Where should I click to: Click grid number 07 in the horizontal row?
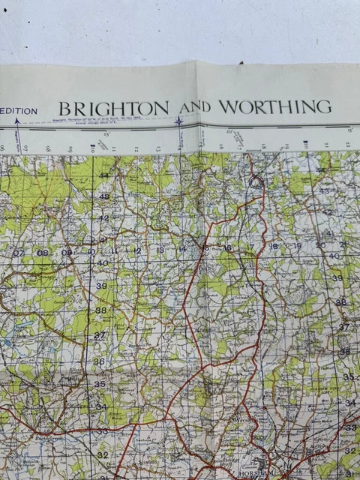(x=19, y=253)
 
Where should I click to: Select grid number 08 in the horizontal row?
(x=43, y=253)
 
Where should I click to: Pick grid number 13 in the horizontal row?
(x=160, y=250)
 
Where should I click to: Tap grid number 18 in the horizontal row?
(x=274, y=246)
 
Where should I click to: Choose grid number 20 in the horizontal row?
(x=320, y=244)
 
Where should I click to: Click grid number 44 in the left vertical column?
(x=103, y=175)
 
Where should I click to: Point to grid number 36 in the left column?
(x=99, y=361)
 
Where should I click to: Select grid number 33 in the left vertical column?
(x=101, y=431)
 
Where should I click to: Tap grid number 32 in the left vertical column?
(x=103, y=454)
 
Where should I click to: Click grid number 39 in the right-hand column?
(x=337, y=278)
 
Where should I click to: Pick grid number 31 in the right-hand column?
(x=350, y=473)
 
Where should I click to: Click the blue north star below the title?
(x=179, y=121)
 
